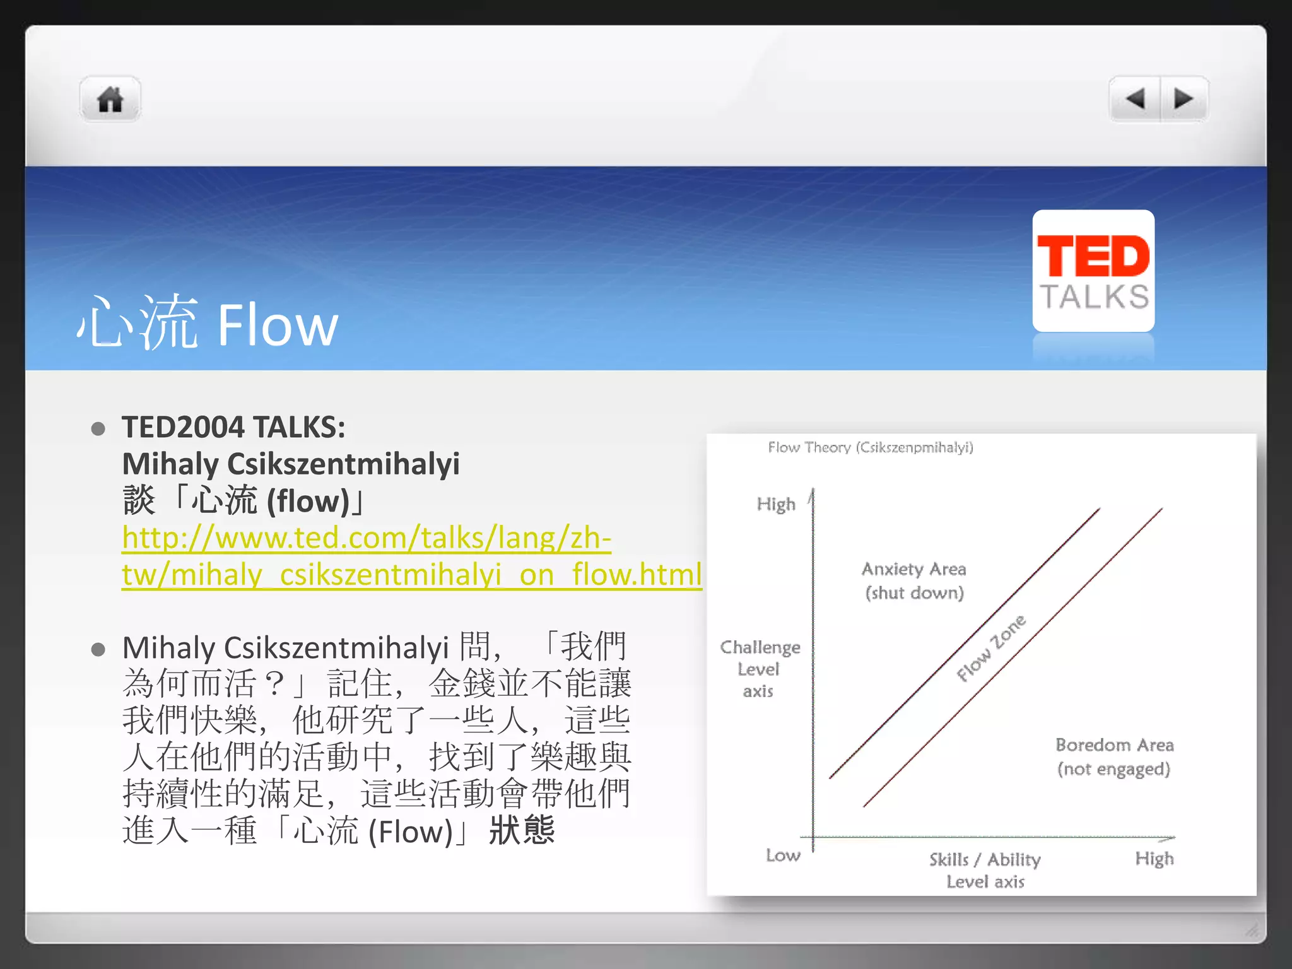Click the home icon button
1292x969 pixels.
click(110, 100)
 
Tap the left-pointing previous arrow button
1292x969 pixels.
click(1135, 99)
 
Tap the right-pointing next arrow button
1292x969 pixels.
click(1183, 99)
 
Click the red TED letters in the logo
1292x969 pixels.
click(1093, 256)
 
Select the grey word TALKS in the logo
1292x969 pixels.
click(1094, 297)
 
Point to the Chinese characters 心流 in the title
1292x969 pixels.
click(138, 323)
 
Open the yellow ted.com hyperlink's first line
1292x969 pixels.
click(367, 538)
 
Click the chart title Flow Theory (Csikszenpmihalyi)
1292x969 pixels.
click(870, 447)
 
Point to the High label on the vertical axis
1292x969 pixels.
click(776, 504)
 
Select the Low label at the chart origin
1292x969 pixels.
click(783, 855)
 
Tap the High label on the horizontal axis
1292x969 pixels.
click(1154, 859)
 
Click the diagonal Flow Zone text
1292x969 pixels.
click(991, 649)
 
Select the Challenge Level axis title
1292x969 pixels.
click(760, 669)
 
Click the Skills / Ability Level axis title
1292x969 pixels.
click(985, 870)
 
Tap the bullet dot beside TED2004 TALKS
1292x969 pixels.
click(98, 429)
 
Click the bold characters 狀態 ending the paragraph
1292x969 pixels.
click(522, 830)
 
